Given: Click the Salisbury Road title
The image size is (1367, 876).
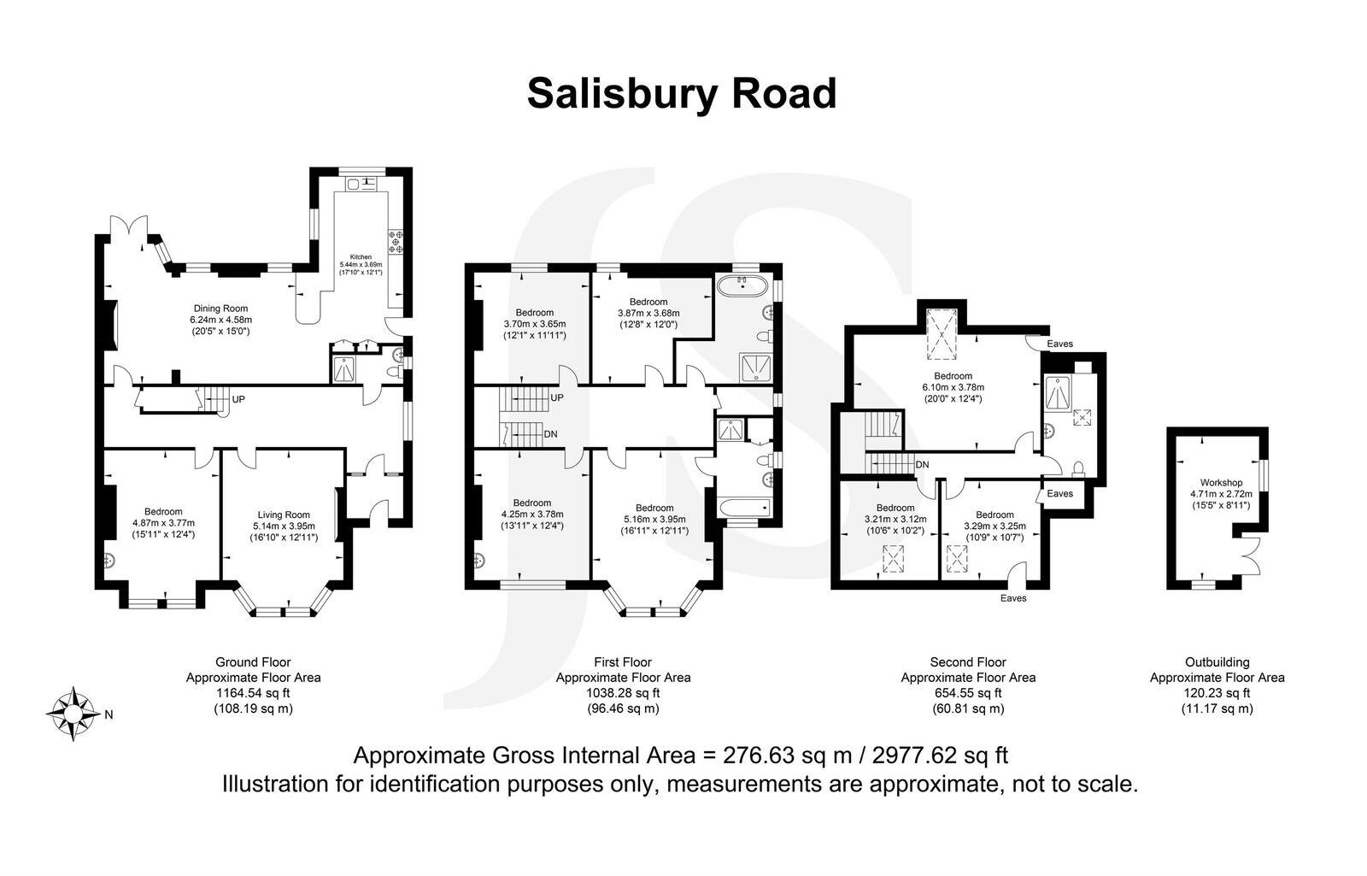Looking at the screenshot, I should click(x=681, y=94).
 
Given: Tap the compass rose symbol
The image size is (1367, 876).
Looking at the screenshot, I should click(x=72, y=713).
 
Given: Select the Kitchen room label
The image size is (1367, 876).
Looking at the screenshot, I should click(x=360, y=256).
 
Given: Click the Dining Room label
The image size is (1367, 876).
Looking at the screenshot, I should click(x=220, y=309).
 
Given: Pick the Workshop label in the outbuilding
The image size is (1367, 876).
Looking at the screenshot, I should click(x=1221, y=483).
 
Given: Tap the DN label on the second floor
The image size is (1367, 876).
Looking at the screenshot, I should click(x=922, y=465).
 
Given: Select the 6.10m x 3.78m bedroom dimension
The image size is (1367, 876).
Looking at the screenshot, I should click(x=953, y=387).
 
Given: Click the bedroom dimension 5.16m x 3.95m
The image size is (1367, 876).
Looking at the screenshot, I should click(x=654, y=519).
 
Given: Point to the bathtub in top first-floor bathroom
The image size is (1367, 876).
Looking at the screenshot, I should click(x=742, y=284).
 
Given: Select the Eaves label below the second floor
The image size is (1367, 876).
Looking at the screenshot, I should click(x=1013, y=598).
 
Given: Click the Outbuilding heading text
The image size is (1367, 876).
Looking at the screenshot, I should click(x=1217, y=662).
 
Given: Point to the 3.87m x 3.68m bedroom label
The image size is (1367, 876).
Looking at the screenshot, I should click(x=648, y=314).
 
